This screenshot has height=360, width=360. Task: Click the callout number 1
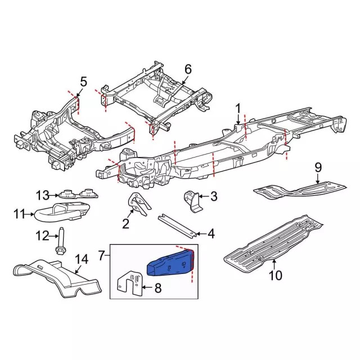click(x=238, y=107)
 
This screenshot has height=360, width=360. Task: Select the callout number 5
click(x=83, y=82)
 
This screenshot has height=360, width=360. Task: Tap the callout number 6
click(x=187, y=69)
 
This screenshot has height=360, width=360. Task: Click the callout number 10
click(x=275, y=276)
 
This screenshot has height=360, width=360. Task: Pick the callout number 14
click(x=82, y=259)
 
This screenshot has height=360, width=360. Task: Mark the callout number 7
click(x=102, y=256)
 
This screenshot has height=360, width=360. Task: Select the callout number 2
click(x=126, y=224)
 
